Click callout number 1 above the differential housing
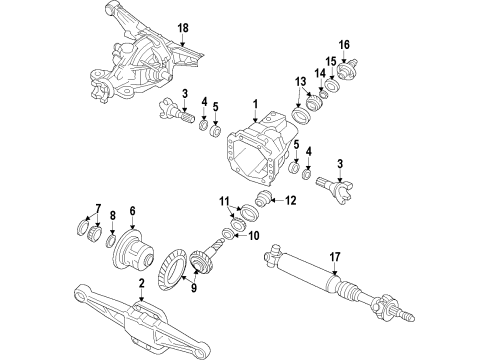click(x=255, y=104)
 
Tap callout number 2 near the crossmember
click(x=143, y=285)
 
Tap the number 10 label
click(x=254, y=264)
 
